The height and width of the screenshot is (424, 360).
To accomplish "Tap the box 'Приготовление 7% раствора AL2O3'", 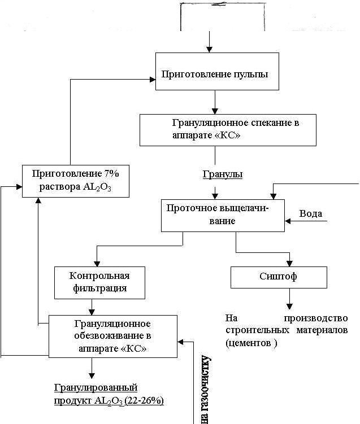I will pos(76,181).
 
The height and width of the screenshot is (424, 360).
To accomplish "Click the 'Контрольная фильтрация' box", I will pos(99,282).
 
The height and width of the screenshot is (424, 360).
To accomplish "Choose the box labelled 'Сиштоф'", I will pos(279,277).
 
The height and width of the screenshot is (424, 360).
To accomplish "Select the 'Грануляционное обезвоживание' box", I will pos(112,336).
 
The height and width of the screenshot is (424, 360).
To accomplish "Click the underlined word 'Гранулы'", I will pos(223,174).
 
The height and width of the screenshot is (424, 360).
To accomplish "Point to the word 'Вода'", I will pos(311,213).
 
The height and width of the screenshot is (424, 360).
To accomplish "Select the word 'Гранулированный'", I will pos(96,388).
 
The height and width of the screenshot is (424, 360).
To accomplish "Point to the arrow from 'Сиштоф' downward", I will pos(290,297).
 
